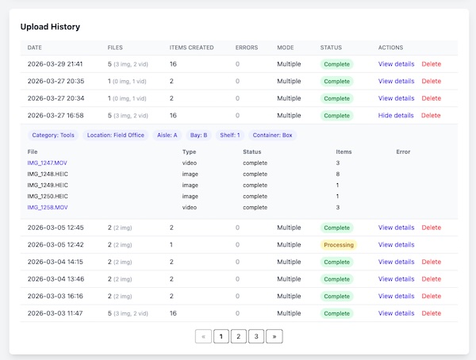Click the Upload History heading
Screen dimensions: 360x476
(x=50, y=27)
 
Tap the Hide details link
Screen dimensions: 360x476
(x=396, y=116)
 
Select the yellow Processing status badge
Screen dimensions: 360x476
(x=339, y=245)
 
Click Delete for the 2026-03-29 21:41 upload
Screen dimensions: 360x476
(x=431, y=64)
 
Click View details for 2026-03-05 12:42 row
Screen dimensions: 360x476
(x=396, y=245)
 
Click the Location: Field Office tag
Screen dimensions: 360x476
(x=116, y=136)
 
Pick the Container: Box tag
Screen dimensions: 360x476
(x=272, y=136)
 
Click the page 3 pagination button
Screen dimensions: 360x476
(x=256, y=336)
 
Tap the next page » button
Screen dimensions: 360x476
(x=274, y=336)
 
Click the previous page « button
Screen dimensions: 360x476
(x=203, y=336)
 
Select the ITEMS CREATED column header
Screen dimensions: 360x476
(x=191, y=48)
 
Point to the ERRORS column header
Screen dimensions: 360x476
(x=247, y=48)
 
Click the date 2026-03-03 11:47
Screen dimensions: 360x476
(x=56, y=313)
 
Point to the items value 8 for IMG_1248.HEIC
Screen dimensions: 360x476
(x=338, y=174)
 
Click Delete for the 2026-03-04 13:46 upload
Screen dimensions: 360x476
(x=431, y=279)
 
